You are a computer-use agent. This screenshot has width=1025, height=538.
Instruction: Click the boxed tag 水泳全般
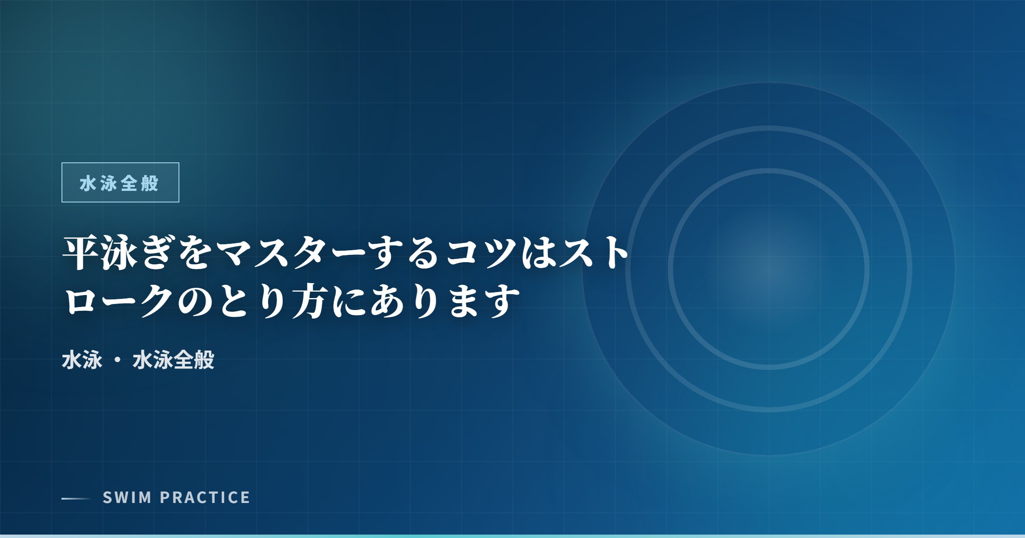coord(120,182)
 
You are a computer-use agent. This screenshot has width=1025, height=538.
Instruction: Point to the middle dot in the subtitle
coord(117,360)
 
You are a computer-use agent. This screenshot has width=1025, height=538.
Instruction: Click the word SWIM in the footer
coord(127,497)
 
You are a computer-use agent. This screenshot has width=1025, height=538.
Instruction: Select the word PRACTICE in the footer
coord(205,497)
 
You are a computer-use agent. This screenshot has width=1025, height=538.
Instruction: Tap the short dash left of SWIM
coord(76,498)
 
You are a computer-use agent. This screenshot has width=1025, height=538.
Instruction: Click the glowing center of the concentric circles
coord(769,269)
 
